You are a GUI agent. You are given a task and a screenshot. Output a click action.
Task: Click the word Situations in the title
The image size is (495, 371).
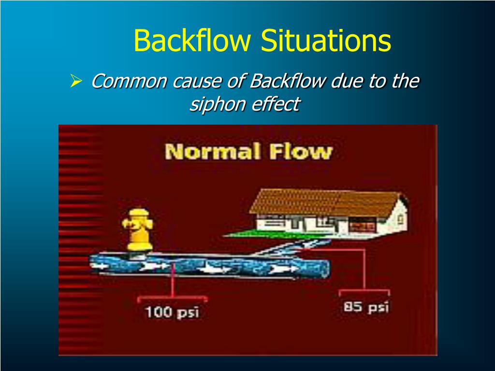tap(326, 41)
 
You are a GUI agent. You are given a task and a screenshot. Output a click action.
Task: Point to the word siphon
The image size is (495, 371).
tap(213, 104)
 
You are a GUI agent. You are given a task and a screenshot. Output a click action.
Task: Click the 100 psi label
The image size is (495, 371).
tap(173, 312)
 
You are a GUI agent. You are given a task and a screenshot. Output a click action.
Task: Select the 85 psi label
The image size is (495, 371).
tap(366, 307)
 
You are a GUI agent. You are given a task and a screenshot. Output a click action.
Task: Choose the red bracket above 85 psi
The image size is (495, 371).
tap(364, 291)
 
